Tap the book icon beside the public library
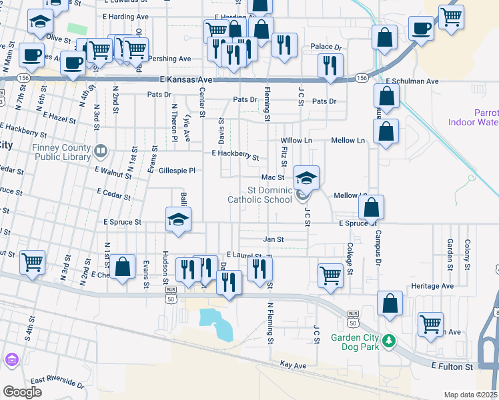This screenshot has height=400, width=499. tap(100, 151)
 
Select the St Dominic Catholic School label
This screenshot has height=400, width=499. tap(260, 195)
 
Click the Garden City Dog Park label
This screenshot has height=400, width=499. tap(355, 342)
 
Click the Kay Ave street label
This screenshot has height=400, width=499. tap(293, 365)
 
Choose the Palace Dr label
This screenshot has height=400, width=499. tap(326, 48)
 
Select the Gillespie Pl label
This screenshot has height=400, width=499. tap(177, 171)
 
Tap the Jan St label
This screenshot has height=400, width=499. tap(274, 239)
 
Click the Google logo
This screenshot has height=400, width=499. tap(22, 392)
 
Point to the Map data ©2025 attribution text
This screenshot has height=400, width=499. tap(470, 395)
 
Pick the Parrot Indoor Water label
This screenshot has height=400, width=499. tap(486, 117)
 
